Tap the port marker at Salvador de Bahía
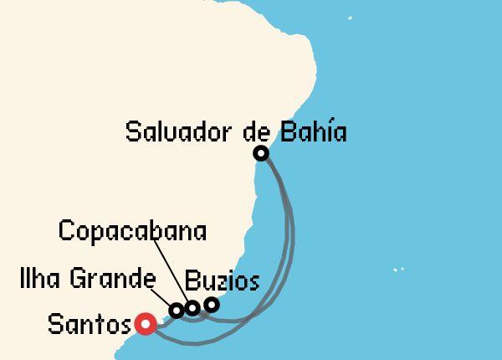point(261,152)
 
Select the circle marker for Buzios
point(212,304)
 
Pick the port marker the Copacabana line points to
point(192,308)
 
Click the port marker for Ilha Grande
point(177,311)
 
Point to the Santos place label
point(90,324)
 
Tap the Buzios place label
point(222,280)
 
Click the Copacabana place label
point(133,230)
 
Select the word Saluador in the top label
point(178,131)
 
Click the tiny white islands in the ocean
point(398,270)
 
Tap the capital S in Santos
point(54,324)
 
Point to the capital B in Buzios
point(191,280)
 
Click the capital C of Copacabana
point(66,230)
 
